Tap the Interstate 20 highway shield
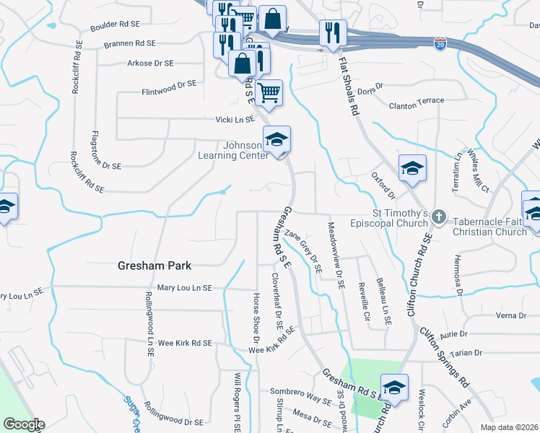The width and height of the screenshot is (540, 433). [x=440, y=45]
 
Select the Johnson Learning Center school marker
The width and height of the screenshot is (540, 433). [x=276, y=140]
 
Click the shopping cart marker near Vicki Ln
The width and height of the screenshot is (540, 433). [x=269, y=93]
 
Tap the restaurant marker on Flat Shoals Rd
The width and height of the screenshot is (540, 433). [x=333, y=33]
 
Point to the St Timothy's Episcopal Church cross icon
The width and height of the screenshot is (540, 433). [x=439, y=216]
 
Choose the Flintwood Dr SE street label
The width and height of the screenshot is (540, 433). [x=169, y=84]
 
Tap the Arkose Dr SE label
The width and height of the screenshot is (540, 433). [x=150, y=64]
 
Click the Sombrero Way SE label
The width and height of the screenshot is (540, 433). [x=300, y=395]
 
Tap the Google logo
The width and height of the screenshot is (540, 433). [x=24, y=424]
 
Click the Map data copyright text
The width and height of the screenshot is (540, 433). [x=510, y=427]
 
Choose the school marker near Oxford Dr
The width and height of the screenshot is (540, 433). [x=412, y=169]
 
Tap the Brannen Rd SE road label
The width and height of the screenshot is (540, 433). [x=132, y=44]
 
